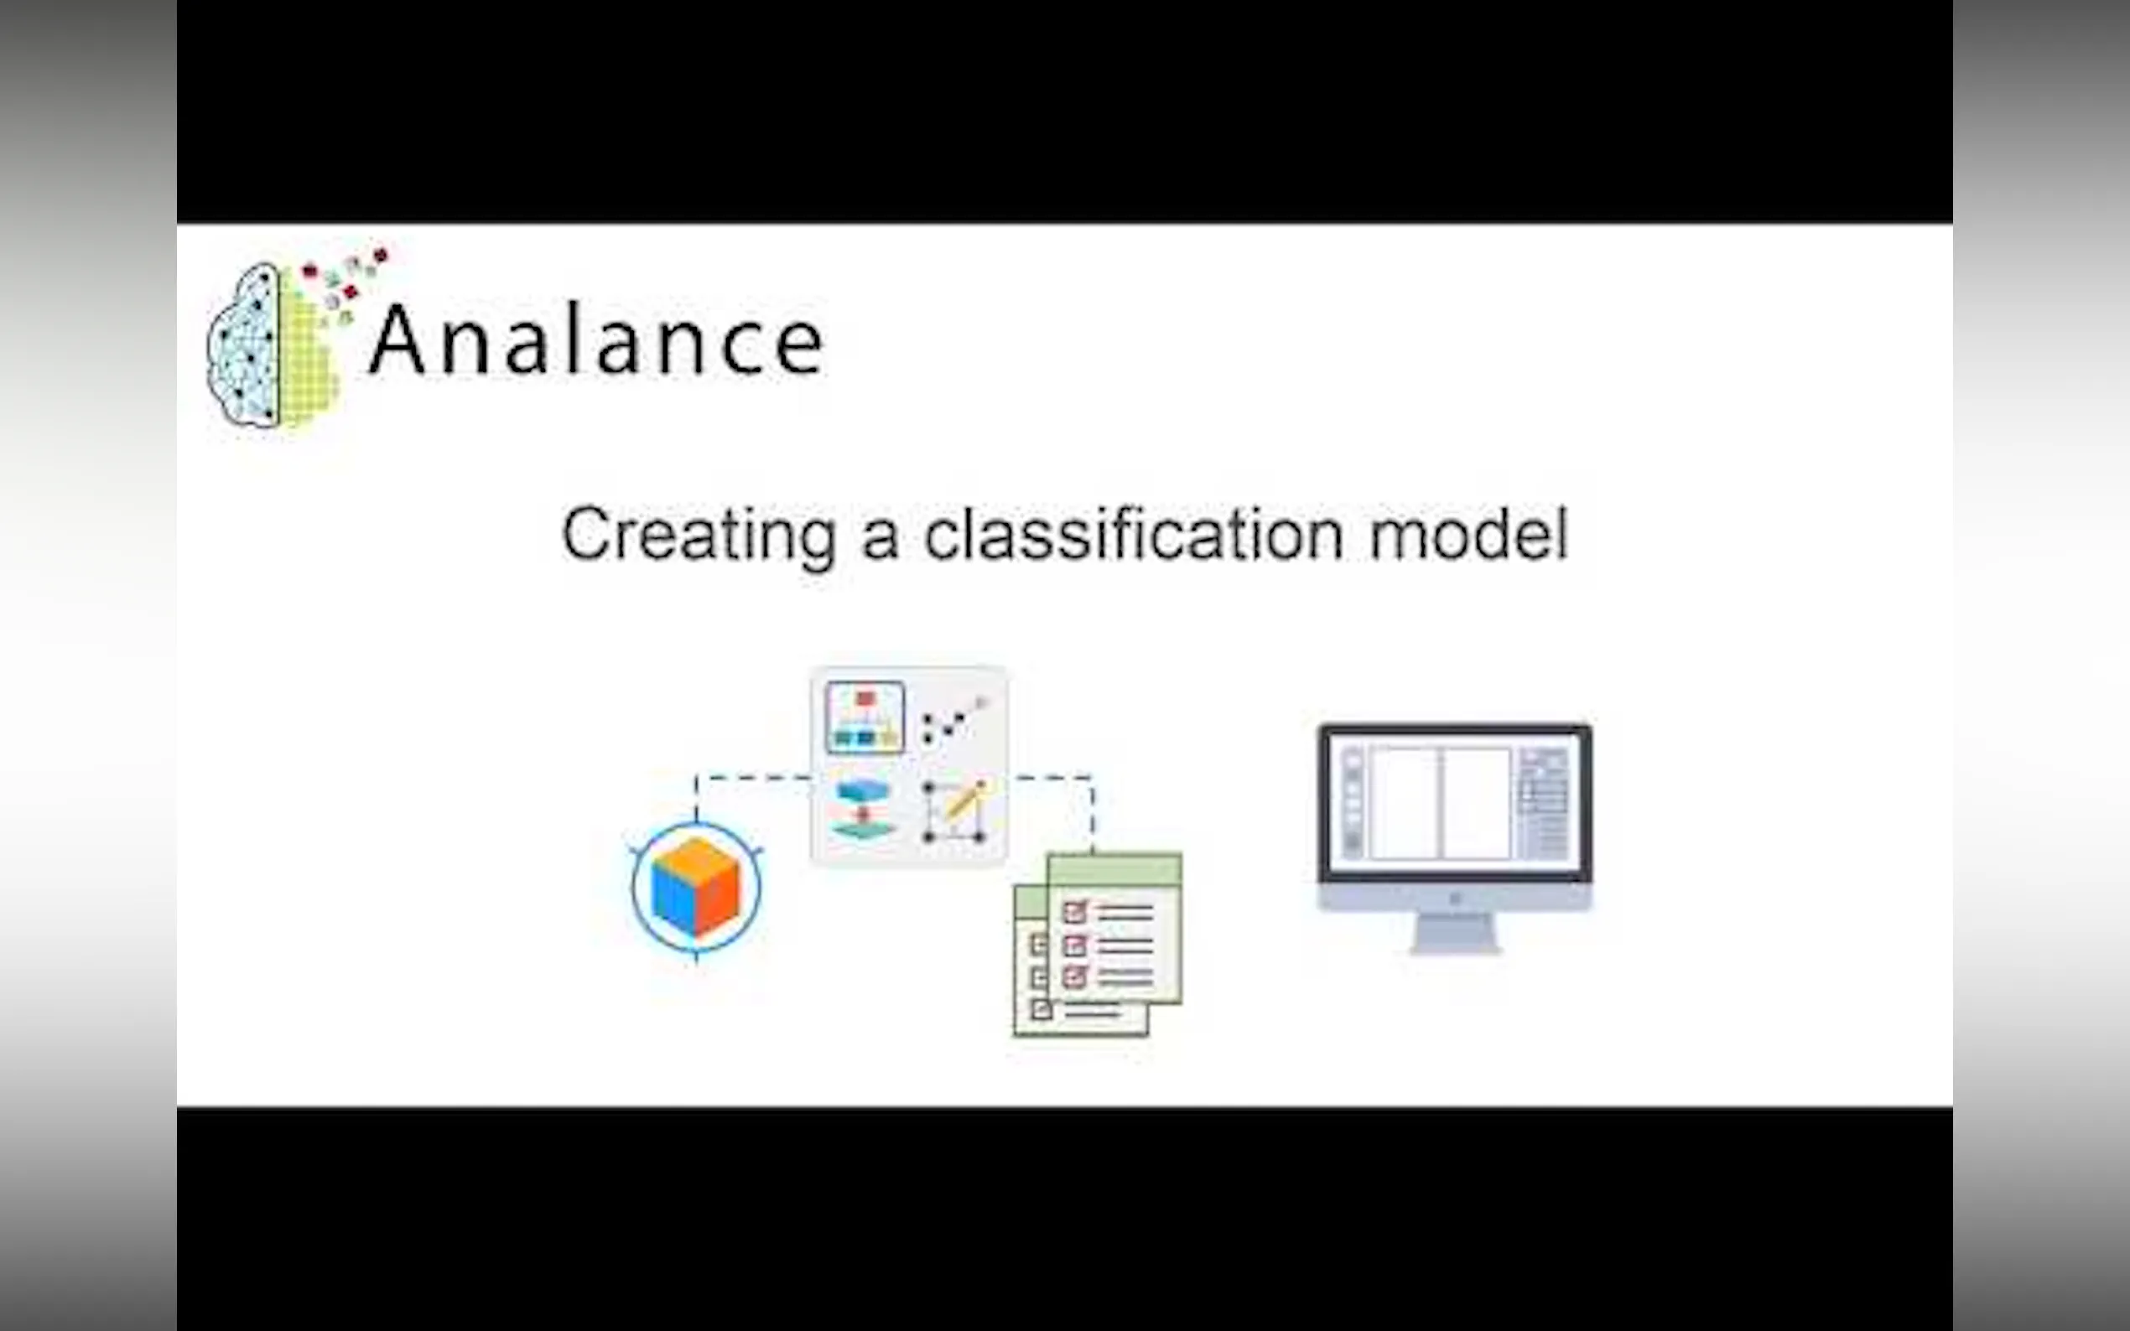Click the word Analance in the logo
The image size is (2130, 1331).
click(596, 340)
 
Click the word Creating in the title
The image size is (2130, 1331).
click(699, 536)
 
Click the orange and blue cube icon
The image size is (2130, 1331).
click(696, 888)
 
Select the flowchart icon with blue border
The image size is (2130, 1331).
click(865, 717)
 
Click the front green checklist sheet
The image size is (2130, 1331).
click(1114, 928)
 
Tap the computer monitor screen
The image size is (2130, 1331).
click(1455, 803)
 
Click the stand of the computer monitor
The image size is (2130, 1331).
click(1455, 933)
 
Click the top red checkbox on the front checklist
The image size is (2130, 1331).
click(1075, 912)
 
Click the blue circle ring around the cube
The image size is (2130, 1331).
click(633, 888)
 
